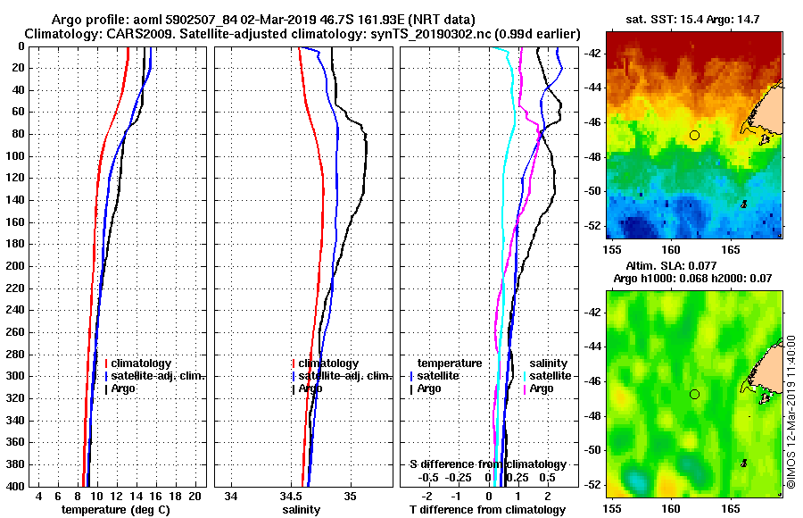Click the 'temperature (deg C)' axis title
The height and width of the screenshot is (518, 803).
click(x=115, y=509)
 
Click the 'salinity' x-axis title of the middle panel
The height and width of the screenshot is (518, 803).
click(x=302, y=509)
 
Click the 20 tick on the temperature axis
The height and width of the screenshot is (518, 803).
click(x=195, y=495)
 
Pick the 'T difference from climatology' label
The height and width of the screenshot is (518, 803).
click(x=487, y=509)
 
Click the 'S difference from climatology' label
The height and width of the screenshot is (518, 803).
click(x=487, y=464)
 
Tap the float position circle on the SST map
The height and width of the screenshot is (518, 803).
click(x=694, y=135)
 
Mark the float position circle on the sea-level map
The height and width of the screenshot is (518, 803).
click(x=694, y=394)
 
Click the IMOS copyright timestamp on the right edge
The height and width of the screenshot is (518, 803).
click(x=791, y=411)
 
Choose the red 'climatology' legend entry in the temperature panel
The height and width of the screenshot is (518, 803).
click(x=139, y=363)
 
